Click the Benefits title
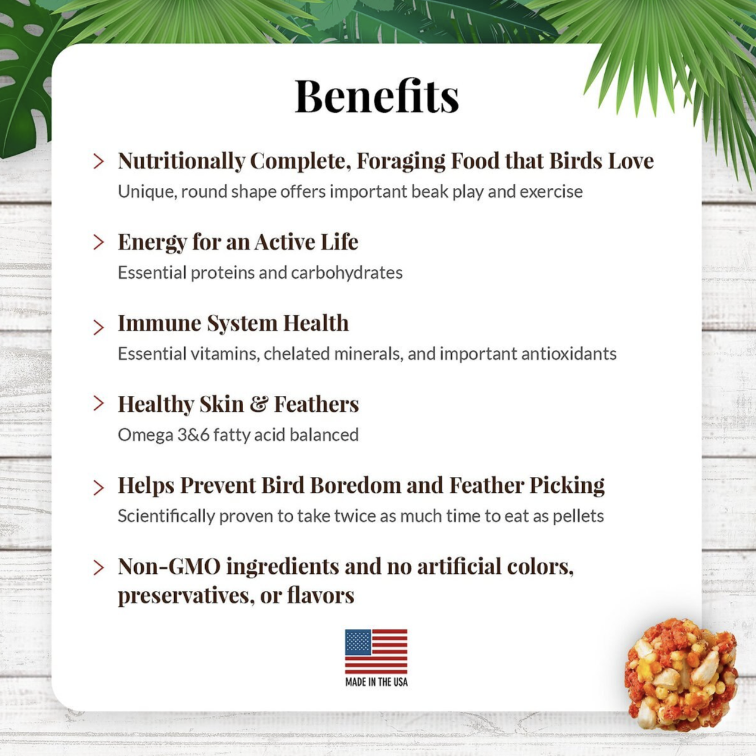click(x=377, y=96)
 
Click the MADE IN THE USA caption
click(x=376, y=682)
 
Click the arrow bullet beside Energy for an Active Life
click(x=99, y=242)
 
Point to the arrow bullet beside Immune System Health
click(x=99, y=327)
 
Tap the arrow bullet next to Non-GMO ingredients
click(x=99, y=567)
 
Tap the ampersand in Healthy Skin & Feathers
click(x=259, y=404)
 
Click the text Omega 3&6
click(x=164, y=435)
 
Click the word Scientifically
click(x=166, y=516)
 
